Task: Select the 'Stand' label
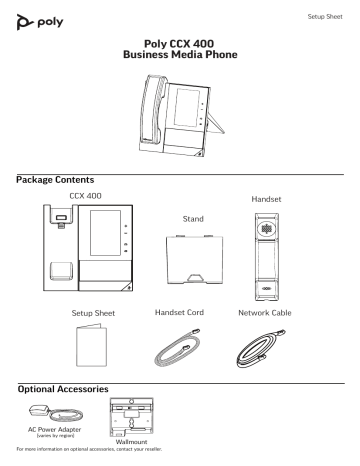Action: coord(180,216)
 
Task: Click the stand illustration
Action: coord(181,259)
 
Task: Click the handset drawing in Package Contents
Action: coord(270,254)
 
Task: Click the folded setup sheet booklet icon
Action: coord(85,350)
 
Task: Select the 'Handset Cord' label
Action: coord(181,312)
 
